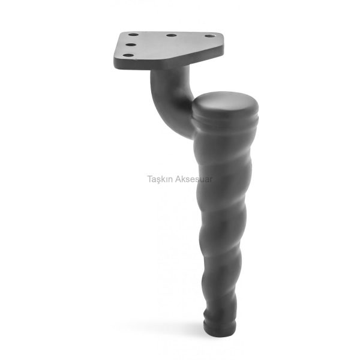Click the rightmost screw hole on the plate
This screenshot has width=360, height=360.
209,36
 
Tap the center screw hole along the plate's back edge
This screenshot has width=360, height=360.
171,35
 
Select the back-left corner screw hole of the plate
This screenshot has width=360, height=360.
133,35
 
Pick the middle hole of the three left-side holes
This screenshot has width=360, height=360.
130,44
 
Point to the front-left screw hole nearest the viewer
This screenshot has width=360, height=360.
128,55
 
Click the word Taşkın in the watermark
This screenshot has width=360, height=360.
160,179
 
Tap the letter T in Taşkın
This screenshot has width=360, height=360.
149,179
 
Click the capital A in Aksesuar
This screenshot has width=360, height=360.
178,179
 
